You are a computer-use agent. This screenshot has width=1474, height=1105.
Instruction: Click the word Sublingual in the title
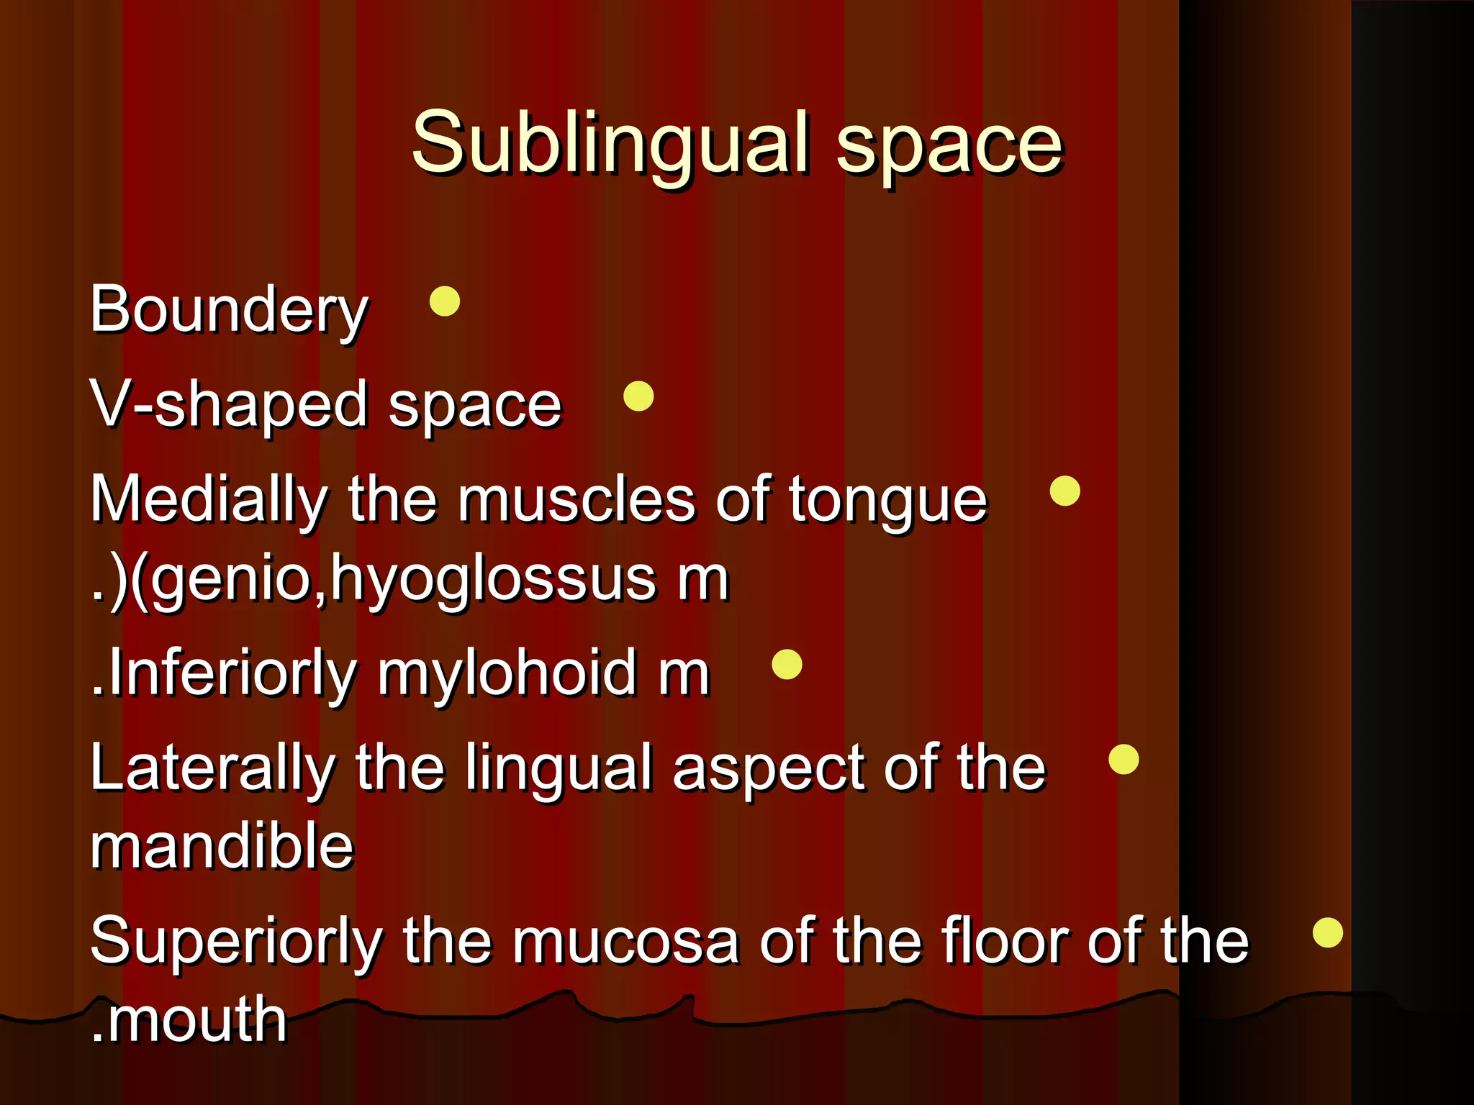tap(610, 144)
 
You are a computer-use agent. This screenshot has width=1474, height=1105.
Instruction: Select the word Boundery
tap(229, 311)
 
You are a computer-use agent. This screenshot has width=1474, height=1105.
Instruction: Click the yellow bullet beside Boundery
tap(445, 301)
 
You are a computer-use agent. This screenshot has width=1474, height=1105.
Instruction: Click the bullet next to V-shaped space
tap(638, 396)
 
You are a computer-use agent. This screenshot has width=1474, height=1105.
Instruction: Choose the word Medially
tap(209, 501)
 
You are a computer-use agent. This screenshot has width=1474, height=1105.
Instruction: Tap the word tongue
tap(888, 502)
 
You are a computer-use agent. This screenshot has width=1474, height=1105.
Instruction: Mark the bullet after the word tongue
tap(1065, 491)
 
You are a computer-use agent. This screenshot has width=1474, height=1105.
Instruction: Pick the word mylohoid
tap(507, 675)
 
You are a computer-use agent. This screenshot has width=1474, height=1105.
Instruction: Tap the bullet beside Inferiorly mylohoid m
tap(787, 665)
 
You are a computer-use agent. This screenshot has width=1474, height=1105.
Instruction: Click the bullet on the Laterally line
tap(1123, 760)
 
